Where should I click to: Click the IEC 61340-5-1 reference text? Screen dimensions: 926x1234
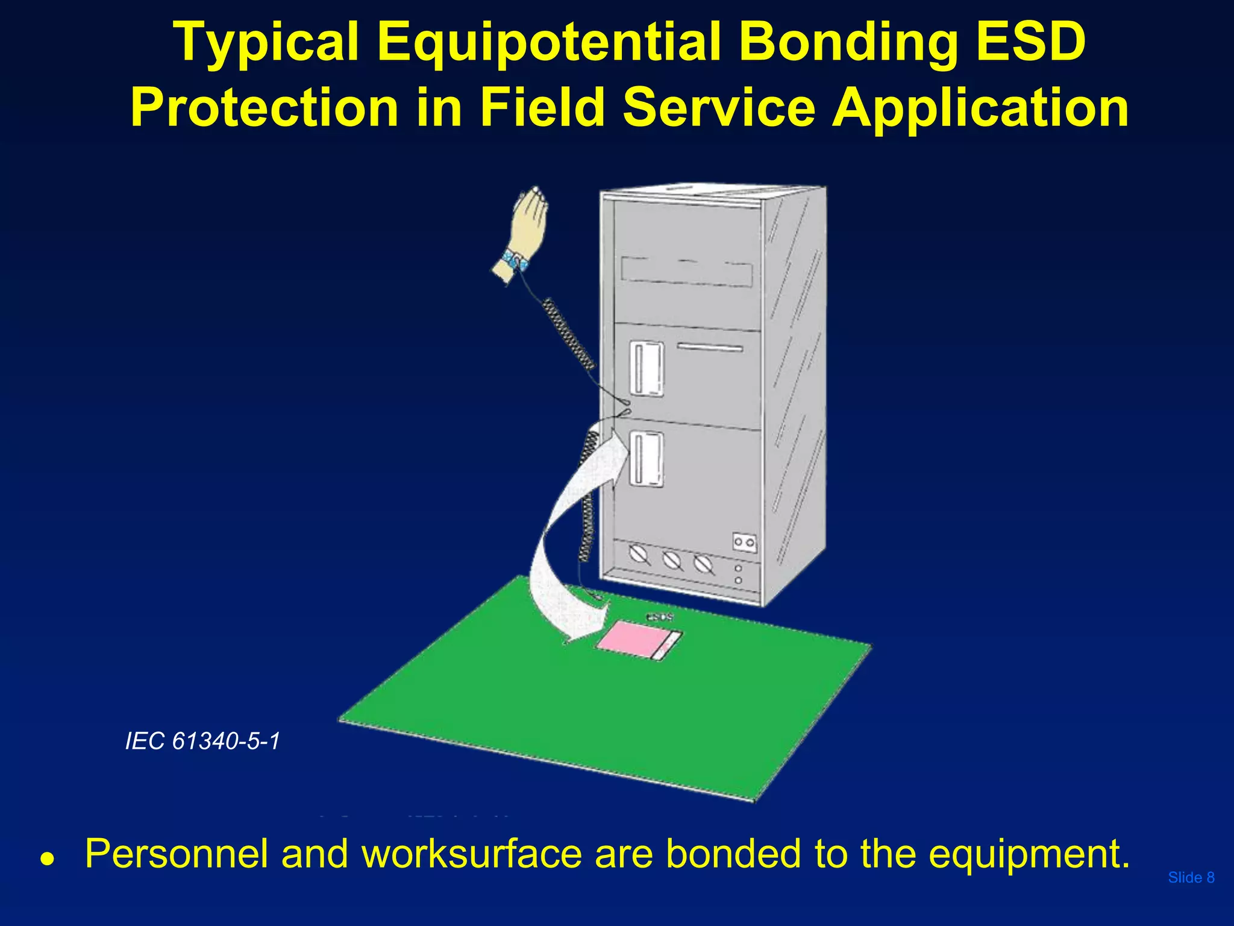coord(202,741)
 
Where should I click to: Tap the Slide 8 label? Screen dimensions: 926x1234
coord(1191,877)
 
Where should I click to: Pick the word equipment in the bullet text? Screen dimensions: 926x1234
coord(1028,854)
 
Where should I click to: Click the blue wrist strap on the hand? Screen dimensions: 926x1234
coord(516,260)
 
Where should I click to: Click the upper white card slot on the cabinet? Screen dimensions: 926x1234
coord(647,368)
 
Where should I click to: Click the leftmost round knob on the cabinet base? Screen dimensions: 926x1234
coord(639,553)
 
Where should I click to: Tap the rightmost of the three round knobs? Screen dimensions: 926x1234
coord(703,565)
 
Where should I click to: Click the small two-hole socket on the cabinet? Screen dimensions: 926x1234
coord(744,543)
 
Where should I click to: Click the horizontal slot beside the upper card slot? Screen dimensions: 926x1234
coord(710,348)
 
